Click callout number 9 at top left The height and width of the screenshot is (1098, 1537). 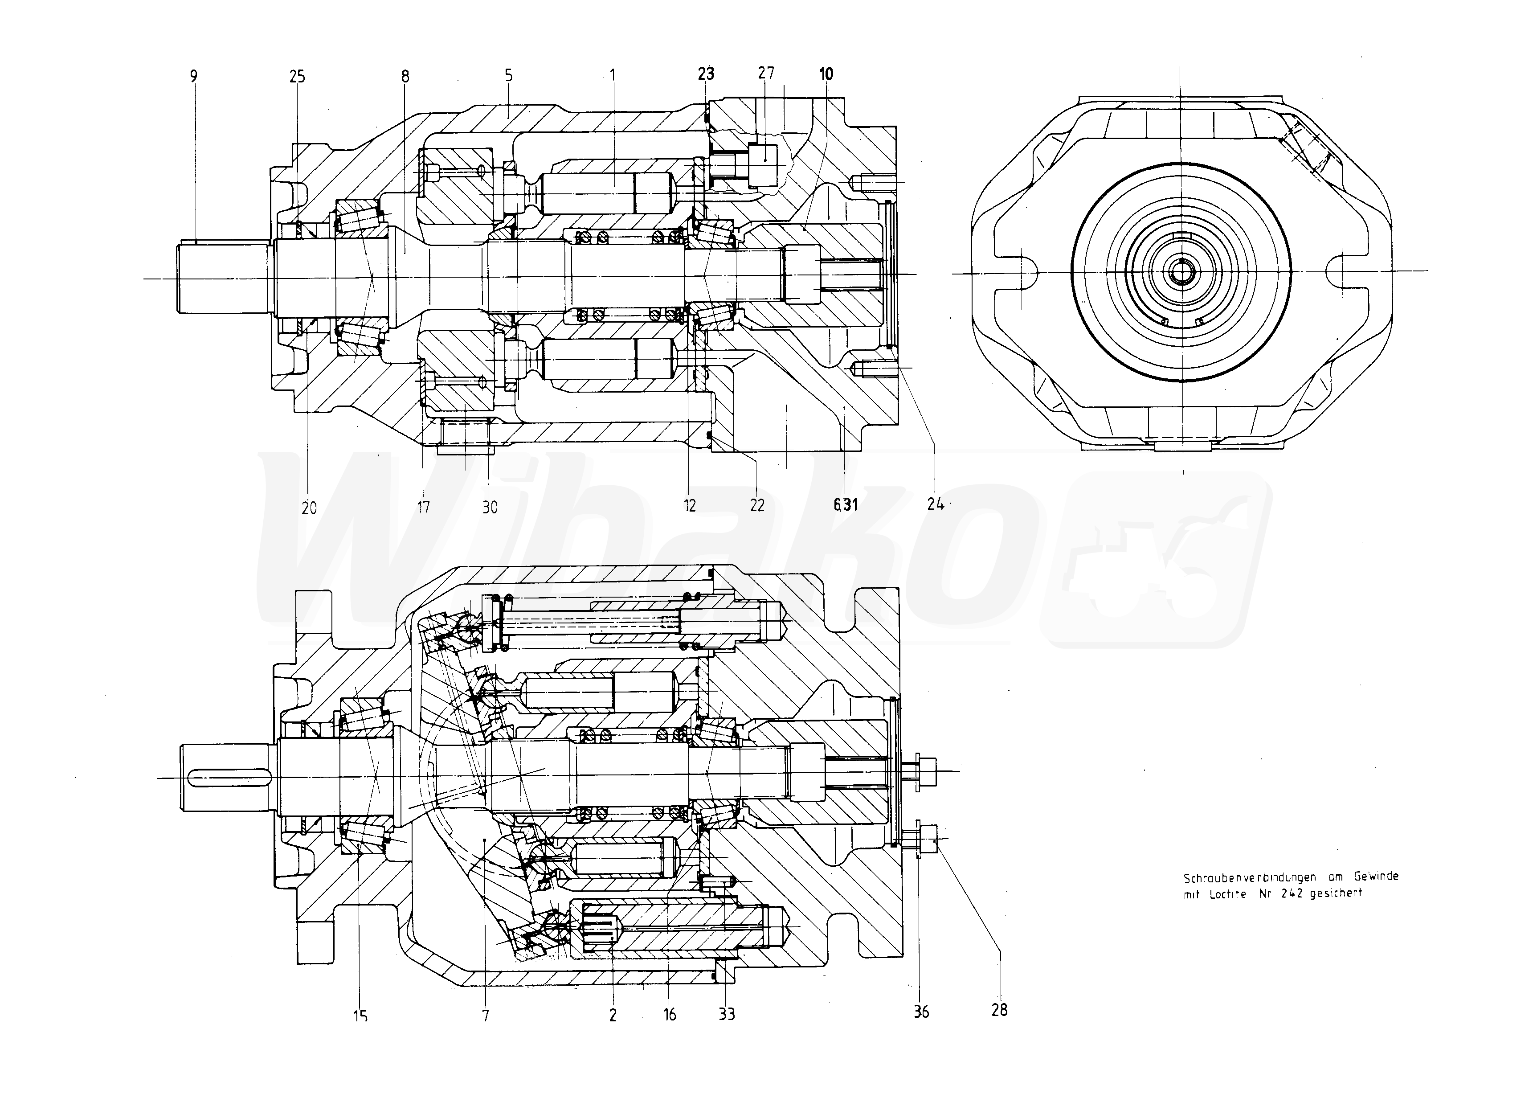[194, 76]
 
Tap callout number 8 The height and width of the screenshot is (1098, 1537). [405, 76]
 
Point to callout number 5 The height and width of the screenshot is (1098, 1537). [508, 75]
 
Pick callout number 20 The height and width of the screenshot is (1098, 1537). [309, 507]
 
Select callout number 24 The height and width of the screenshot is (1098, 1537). [936, 504]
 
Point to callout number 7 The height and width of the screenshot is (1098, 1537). [485, 1014]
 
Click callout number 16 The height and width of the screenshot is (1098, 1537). [669, 1014]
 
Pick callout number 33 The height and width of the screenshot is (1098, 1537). [727, 1014]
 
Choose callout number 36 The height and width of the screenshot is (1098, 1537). [921, 1012]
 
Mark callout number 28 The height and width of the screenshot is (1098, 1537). [999, 1010]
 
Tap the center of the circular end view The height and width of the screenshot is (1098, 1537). [1181, 272]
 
